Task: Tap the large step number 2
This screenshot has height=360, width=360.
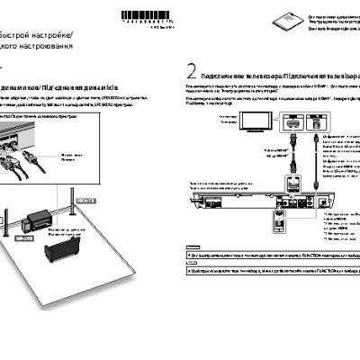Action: (191, 71)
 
